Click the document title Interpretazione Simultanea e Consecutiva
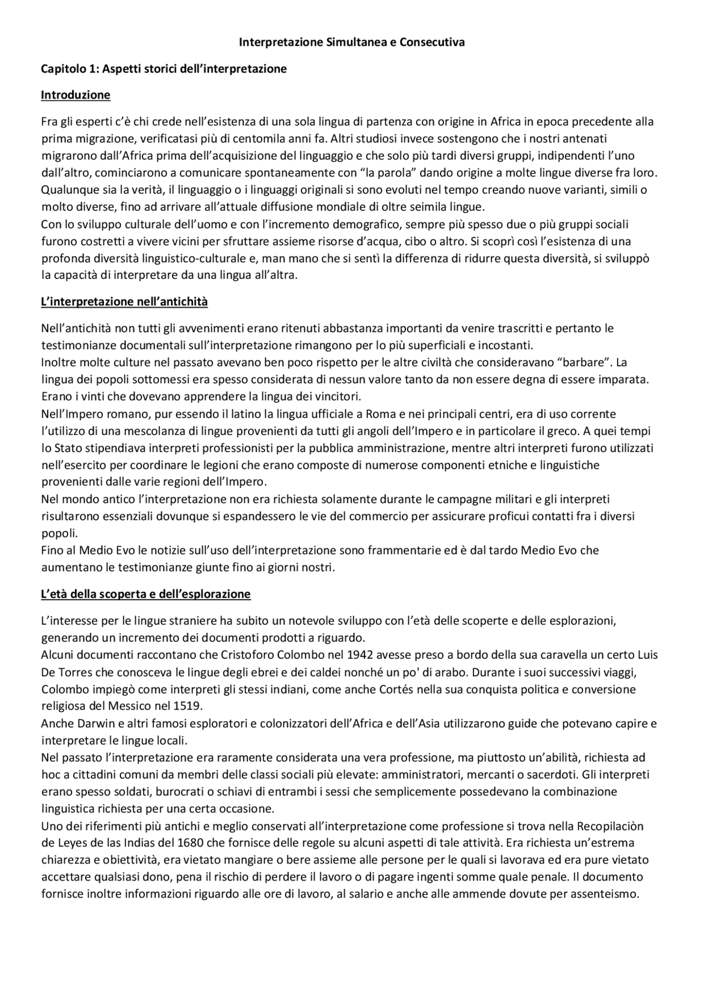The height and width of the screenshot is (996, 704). [x=352, y=42]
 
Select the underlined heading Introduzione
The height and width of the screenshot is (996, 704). [x=75, y=95]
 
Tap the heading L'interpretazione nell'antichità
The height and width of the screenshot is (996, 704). [x=124, y=302]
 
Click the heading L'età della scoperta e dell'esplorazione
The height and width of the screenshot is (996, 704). [x=146, y=595]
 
